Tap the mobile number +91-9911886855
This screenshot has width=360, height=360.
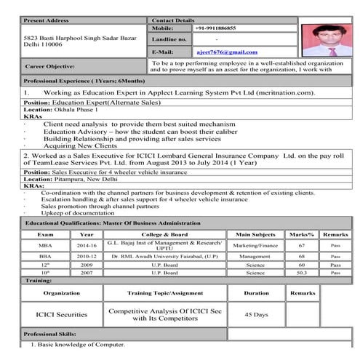coord(215,28)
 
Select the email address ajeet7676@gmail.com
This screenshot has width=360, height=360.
coord(227,52)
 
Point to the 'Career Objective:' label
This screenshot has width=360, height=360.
coord(50,66)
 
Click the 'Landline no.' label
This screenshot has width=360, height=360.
coord(169,39)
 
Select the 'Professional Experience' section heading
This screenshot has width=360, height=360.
coord(79,81)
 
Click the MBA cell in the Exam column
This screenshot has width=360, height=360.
coord(45,247)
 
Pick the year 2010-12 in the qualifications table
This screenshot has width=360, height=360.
coord(86,256)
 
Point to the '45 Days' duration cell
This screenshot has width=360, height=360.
coord(256,314)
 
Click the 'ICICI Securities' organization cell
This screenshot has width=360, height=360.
coord(61,314)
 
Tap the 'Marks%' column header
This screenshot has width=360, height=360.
coord(300,235)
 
